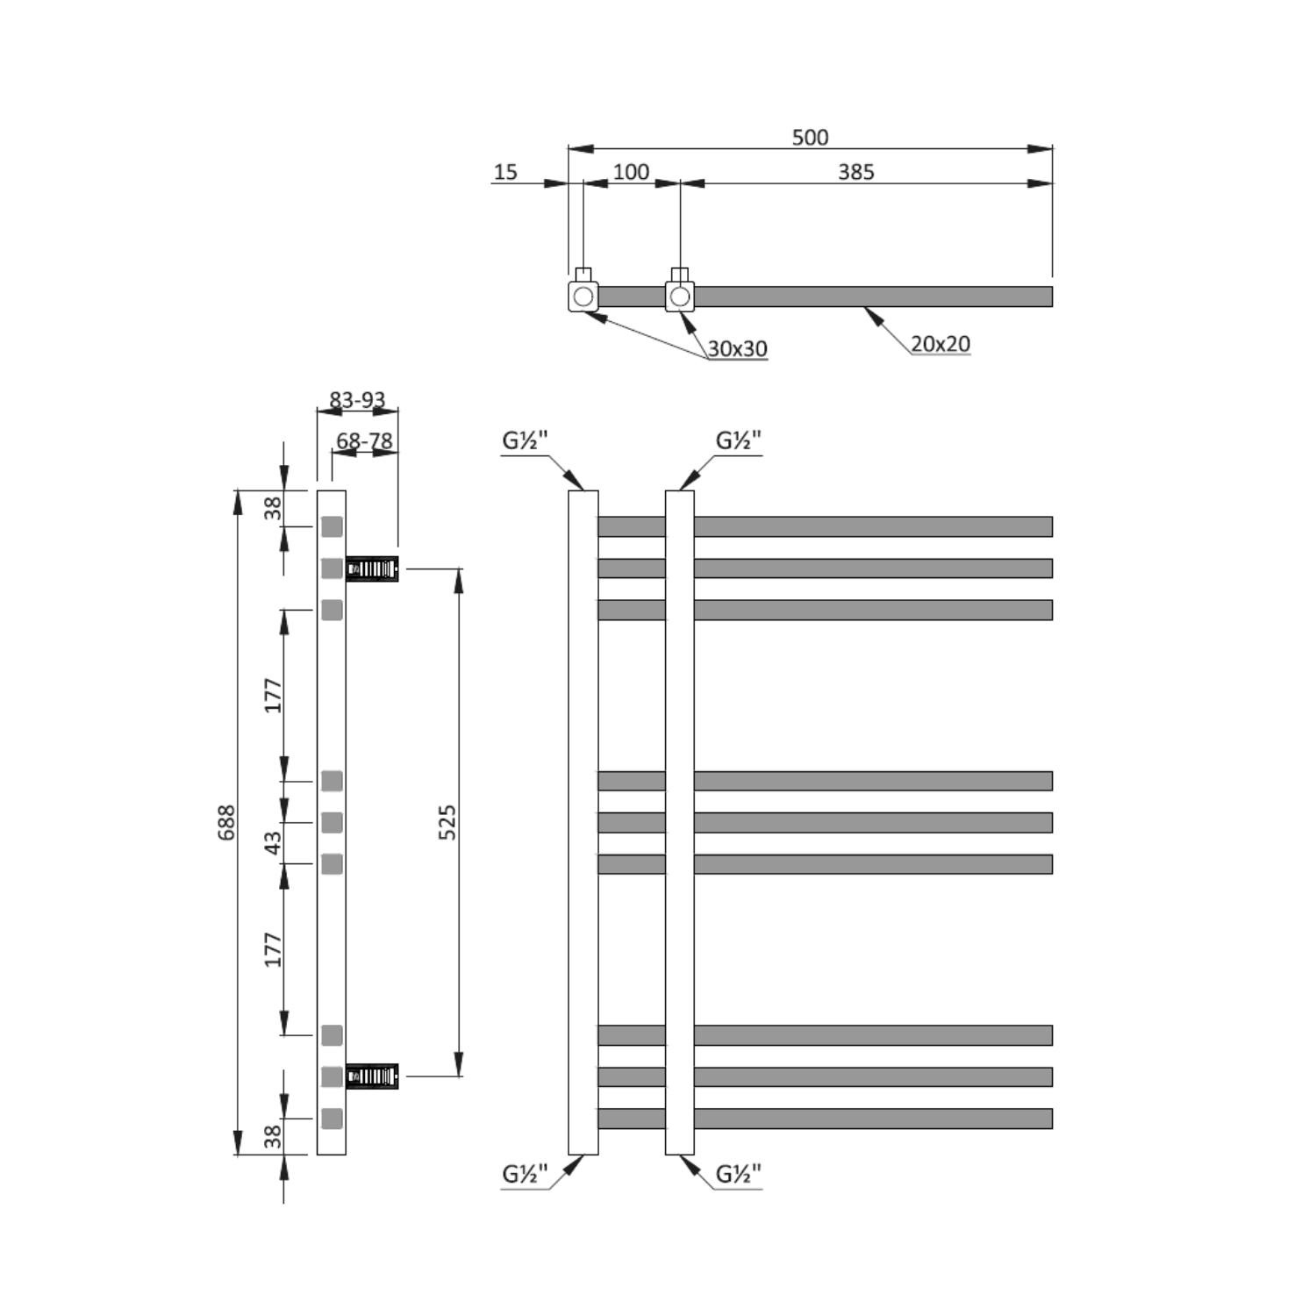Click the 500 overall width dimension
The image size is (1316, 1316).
tap(809, 138)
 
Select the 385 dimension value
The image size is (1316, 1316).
tap(855, 172)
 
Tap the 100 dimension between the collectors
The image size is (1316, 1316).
tap(631, 172)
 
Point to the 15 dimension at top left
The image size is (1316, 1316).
tap(505, 172)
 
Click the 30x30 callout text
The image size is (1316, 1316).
tap(737, 349)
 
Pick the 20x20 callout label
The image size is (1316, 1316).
tap(940, 344)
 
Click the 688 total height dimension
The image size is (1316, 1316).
tap(226, 822)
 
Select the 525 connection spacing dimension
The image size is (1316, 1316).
tap(447, 822)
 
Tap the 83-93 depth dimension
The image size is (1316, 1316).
tap(357, 400)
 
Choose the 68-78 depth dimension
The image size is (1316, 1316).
tap(365, 440)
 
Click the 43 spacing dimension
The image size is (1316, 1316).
tap(274, 843)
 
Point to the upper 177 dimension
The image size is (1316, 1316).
tap(274, 695)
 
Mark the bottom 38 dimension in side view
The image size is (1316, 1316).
tap(274, 1136)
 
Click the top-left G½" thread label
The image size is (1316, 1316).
tap(526, 440)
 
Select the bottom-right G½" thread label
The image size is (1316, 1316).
tap(739, 1174)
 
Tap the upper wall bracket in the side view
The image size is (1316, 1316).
tap(373, 569)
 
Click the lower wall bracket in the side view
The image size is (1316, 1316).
tap(373, 1076)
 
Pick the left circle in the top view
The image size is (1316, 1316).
tap(583, 297)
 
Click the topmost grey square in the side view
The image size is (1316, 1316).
tap(332, 526)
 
